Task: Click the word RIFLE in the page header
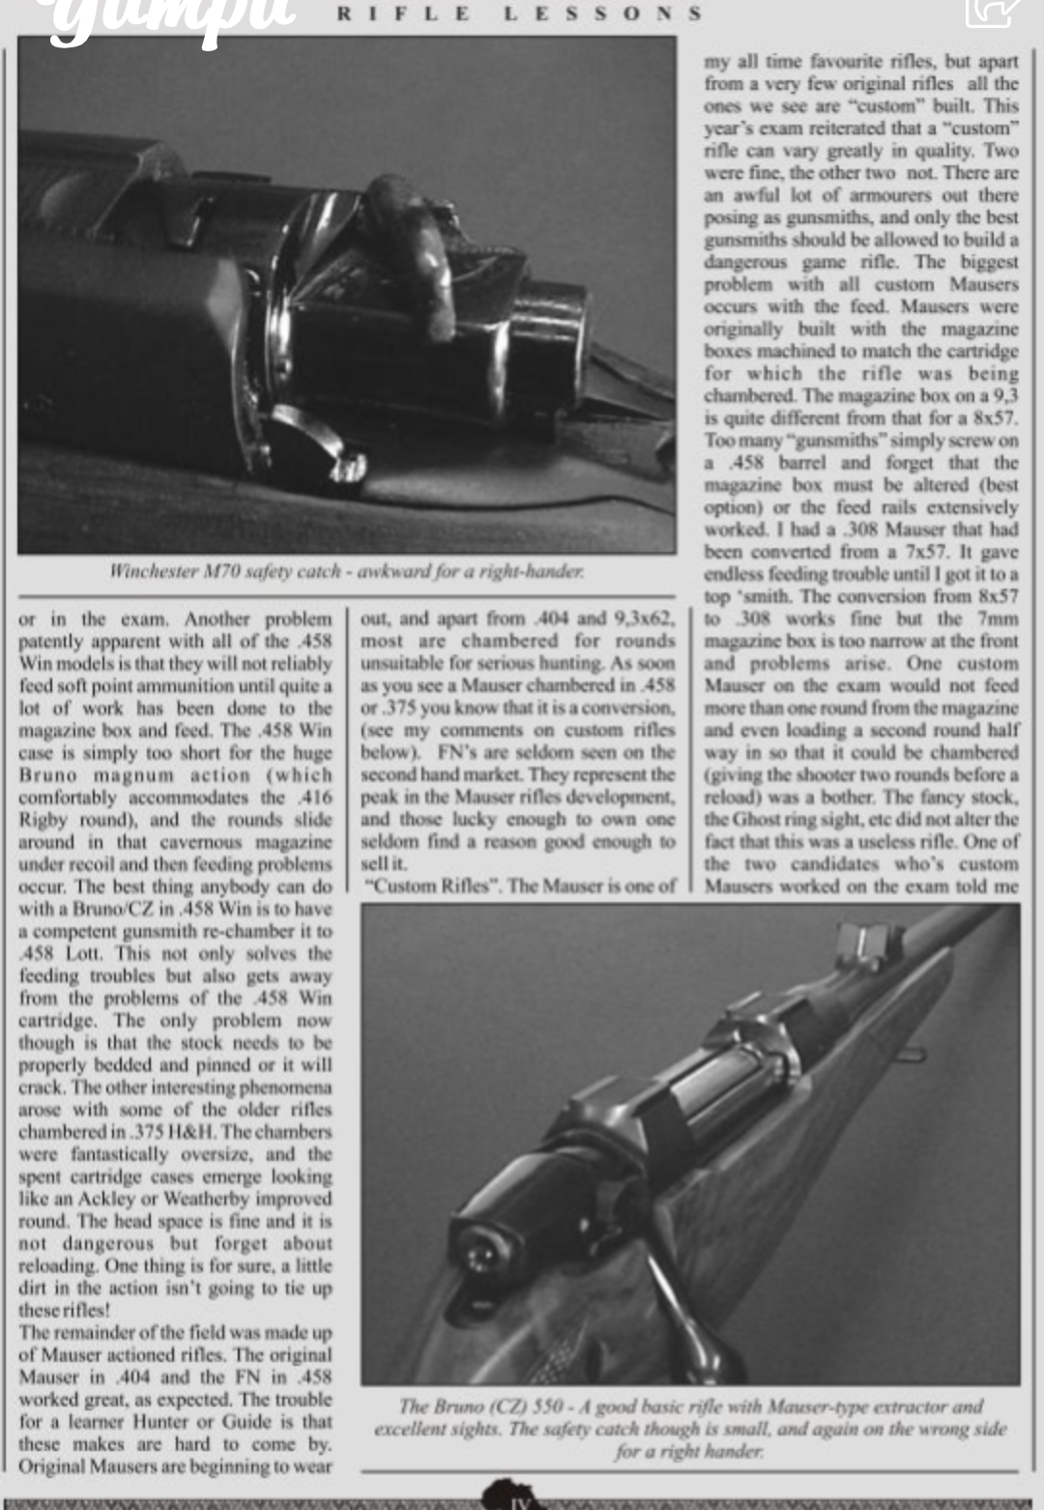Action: point(404,14)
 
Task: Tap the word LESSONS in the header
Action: point(603,14)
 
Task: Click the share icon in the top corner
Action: point(993,10)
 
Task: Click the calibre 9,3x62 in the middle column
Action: point(645,619)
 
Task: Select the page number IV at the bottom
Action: point(514,1501)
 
